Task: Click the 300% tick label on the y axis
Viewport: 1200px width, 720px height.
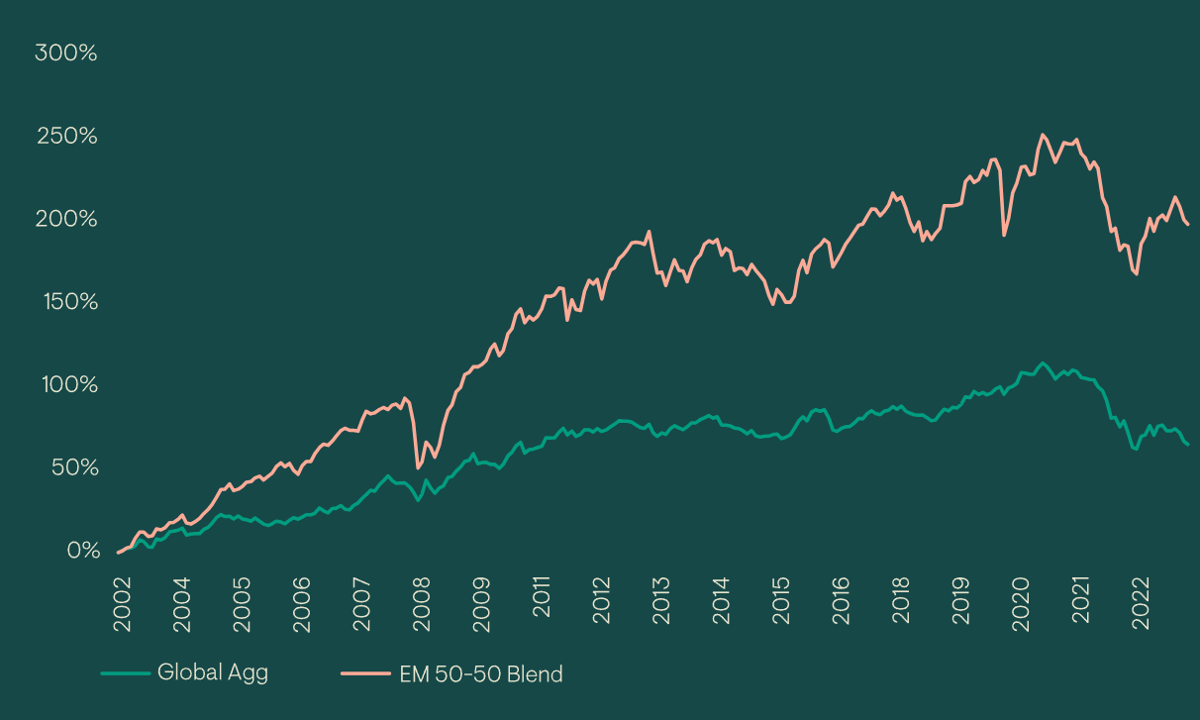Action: click(66, 53)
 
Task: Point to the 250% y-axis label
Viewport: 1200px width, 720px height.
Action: click(66, 136)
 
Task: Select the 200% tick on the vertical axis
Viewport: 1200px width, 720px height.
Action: click(66, 219)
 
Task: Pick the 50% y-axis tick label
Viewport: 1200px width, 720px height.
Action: click(71, 467)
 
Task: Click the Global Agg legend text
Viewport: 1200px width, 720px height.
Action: click(213, 672)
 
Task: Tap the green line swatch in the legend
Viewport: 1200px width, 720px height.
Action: click(124, 673)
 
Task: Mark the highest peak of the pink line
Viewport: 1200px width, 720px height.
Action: click(1043, 135)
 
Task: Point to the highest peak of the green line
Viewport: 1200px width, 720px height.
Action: click(1042, 362)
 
